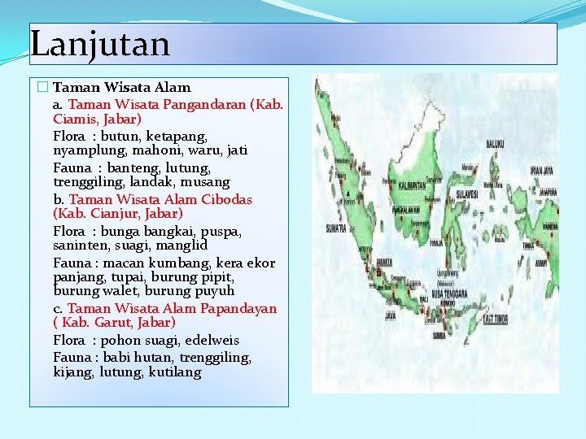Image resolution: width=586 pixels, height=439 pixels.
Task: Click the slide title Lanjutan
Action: (100, 42)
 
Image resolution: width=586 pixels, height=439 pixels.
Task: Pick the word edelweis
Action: (212, 340)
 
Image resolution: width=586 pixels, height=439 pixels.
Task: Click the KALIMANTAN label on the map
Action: (413, 185)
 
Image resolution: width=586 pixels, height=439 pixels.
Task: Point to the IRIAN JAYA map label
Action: (543, 170)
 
